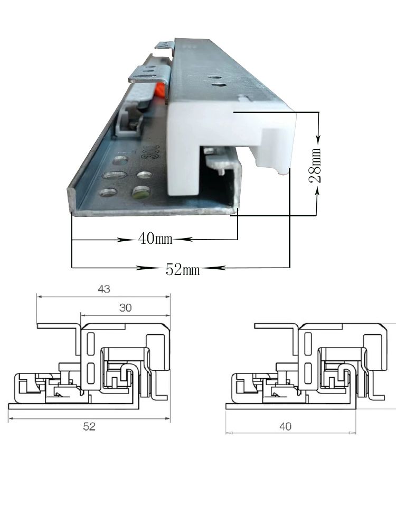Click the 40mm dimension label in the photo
[155, 239]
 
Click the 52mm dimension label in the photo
[183, 270]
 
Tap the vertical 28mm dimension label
[315, 165]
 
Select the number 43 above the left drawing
[103, 289]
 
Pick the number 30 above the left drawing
[125, 308]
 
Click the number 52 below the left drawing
[89, 426]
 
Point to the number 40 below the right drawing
[285, 426]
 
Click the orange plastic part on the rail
[161, 90]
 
